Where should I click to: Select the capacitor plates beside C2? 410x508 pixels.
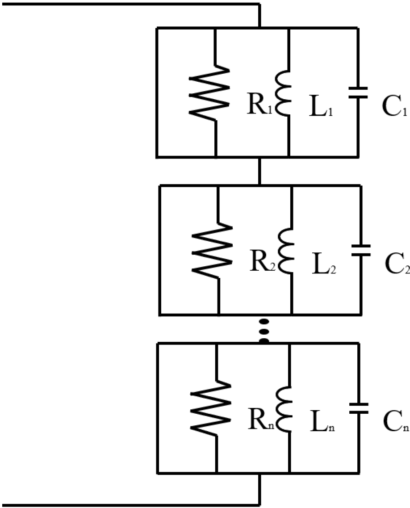coord(360,250)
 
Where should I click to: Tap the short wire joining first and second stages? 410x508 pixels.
coord(259,171)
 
